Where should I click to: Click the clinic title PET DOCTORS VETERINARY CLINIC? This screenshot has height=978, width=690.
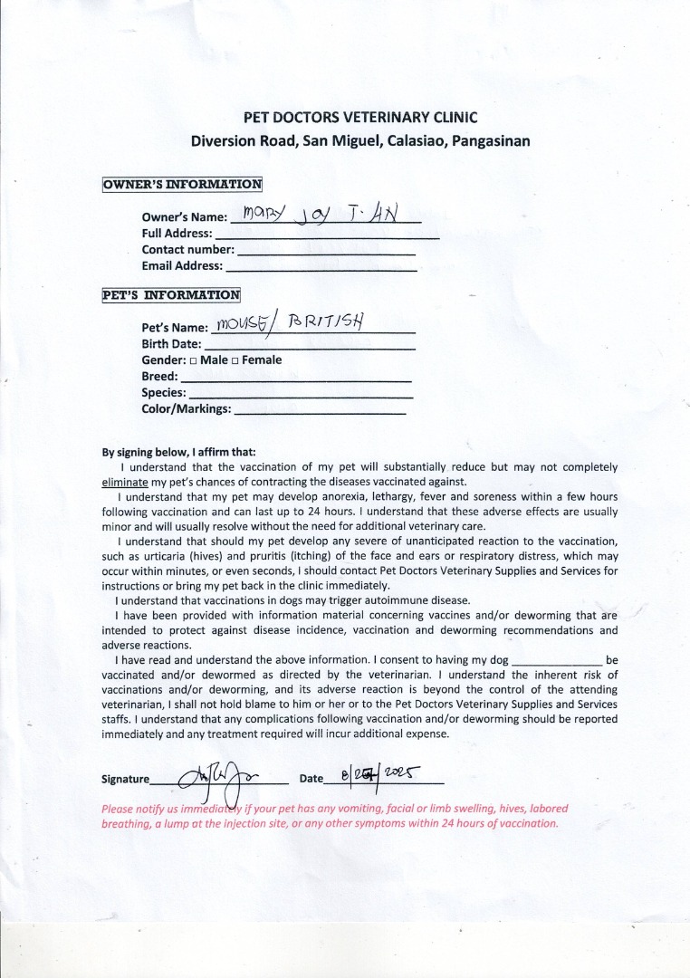(x=360, y=117)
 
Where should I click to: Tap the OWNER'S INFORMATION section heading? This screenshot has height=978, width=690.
(x=182, y=185)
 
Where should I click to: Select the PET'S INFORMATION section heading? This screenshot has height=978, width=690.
(x=171, y=294)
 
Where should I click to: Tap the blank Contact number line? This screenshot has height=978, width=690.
(x=326, y=251)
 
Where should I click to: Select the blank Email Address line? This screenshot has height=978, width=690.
(x=321, y=267)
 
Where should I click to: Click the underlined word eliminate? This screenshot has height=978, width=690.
(x=125, y=482)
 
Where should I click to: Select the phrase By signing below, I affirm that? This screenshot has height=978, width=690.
(x=178, y=453)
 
